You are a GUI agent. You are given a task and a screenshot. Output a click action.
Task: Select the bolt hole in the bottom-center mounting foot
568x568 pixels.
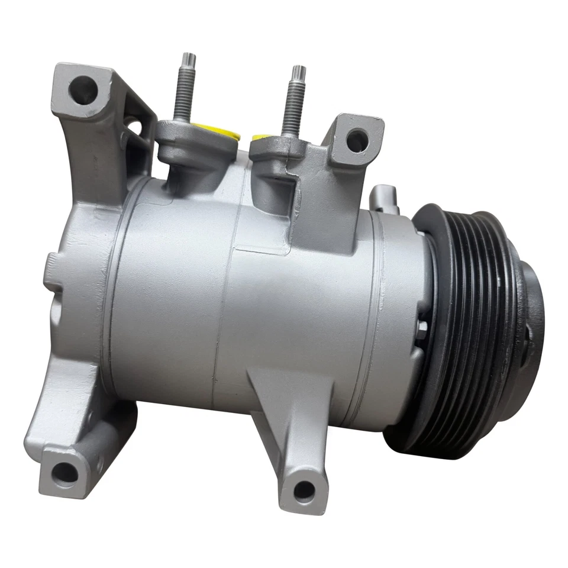coord(304,488)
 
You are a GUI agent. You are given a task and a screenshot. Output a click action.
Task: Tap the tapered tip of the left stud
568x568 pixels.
coord(189,59)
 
